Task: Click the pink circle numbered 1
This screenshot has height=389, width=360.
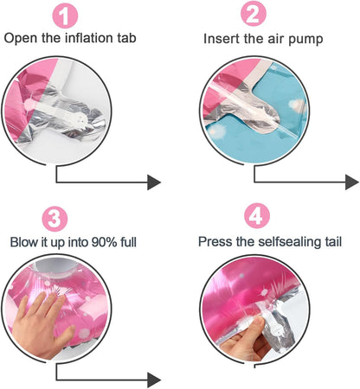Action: click(65, 16)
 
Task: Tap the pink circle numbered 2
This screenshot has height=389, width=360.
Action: click(254, 14)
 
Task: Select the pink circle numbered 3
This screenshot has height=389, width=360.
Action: click(55, 219)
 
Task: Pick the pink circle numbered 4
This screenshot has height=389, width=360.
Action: click(257, 215)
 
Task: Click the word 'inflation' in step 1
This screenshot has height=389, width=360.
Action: click(88, 38)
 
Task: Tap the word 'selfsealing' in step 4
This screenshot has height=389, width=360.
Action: click(289, 241)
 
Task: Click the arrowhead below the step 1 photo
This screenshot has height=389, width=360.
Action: click(154, 182)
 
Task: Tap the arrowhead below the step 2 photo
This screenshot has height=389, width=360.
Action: click(352, 182)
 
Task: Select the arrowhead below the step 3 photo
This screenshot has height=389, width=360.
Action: click(154, 380)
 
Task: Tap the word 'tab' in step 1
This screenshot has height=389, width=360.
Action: click(126, 38)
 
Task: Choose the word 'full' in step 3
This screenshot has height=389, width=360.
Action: click(128, 242)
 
